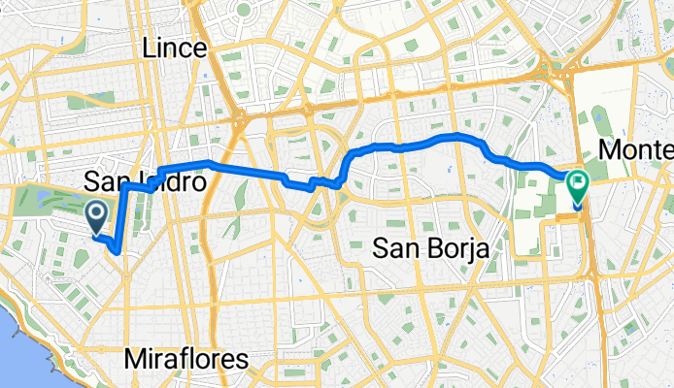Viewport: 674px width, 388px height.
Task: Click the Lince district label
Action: click(x=174, y=48)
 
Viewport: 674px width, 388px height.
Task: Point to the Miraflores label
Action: click(x=186, y=360)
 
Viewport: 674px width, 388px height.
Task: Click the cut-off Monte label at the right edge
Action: click(x=637, y=150)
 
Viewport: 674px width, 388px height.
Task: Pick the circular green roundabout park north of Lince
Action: click(x=243, y=12)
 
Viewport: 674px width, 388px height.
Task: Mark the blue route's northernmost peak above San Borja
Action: click(x=456, y=134)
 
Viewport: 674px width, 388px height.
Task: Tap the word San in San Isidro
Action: click(x=104, y=181)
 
